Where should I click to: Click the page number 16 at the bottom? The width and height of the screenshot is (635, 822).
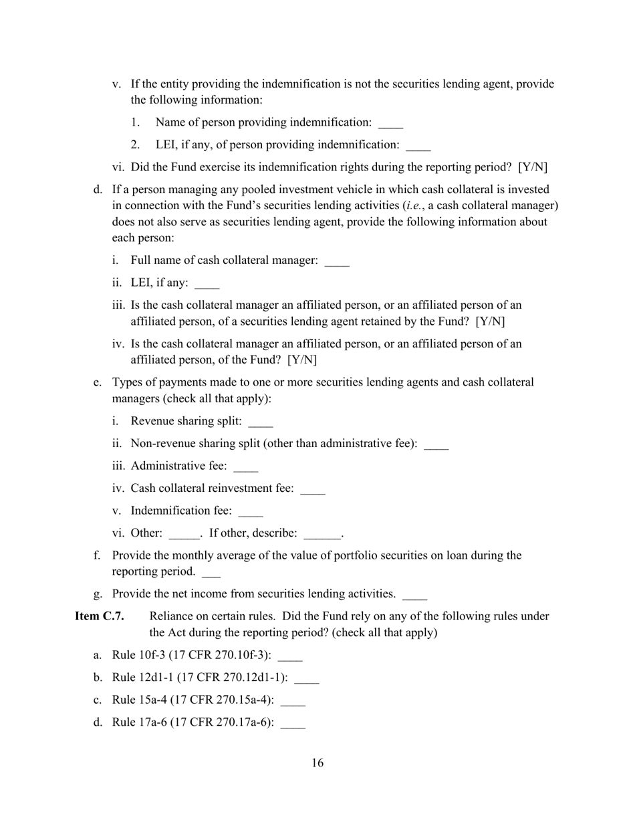coord(317,763)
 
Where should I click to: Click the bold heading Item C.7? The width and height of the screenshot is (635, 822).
coord(99,616)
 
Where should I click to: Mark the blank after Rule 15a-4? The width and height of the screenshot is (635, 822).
coord(293,702)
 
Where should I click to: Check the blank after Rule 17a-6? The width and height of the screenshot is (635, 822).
coord(293,724)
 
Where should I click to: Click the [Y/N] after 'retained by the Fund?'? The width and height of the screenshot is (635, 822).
coord(490,321)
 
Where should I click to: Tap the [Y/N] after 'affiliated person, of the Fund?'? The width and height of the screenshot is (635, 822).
coord(302,360)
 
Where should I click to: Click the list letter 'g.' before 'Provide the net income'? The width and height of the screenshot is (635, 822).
coord(98,593)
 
